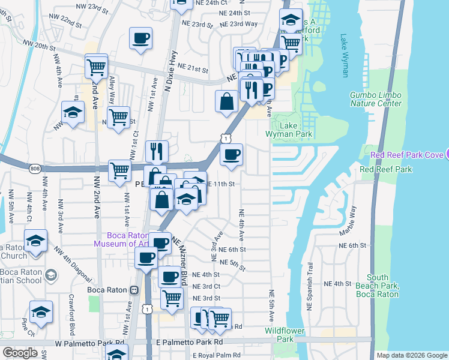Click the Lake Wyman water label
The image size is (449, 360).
(x=344, y=55)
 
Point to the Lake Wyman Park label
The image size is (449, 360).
(x=297, y=130)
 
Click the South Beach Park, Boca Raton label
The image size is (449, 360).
(x=378, y=286)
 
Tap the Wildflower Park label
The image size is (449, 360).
(x=280, y=335)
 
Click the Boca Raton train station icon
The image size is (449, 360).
(x=134, y=290)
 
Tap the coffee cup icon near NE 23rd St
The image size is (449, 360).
(x=140, y=38)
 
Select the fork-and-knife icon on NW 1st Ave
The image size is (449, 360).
(x=157, y=152)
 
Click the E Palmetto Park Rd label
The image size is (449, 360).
(x=188, y=341)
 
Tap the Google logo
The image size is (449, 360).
(x=20, y=353)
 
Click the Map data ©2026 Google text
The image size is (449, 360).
(x=412, y=355)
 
